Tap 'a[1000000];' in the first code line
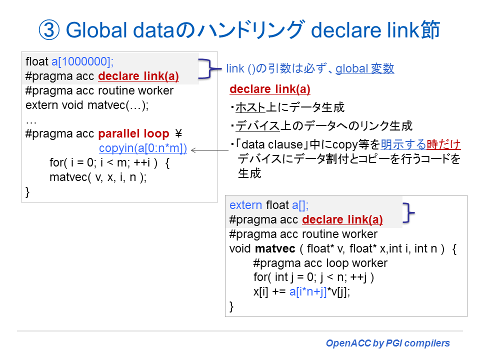(x=83, y=62)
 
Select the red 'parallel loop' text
(x=134, y=134)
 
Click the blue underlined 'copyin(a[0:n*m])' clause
(x=143, y=148)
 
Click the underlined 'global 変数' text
(x=364, y=69)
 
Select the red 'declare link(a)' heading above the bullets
(x=270, y=89)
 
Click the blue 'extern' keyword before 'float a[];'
(x=245, y=205)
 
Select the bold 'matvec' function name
(x=274, y=248)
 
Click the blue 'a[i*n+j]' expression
(x=308, y=292)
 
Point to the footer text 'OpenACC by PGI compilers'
(x=387, y=343)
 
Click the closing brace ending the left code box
(x=28, y=191)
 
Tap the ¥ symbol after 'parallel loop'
(x=178, y=134)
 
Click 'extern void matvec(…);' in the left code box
(x=87, y=105)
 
